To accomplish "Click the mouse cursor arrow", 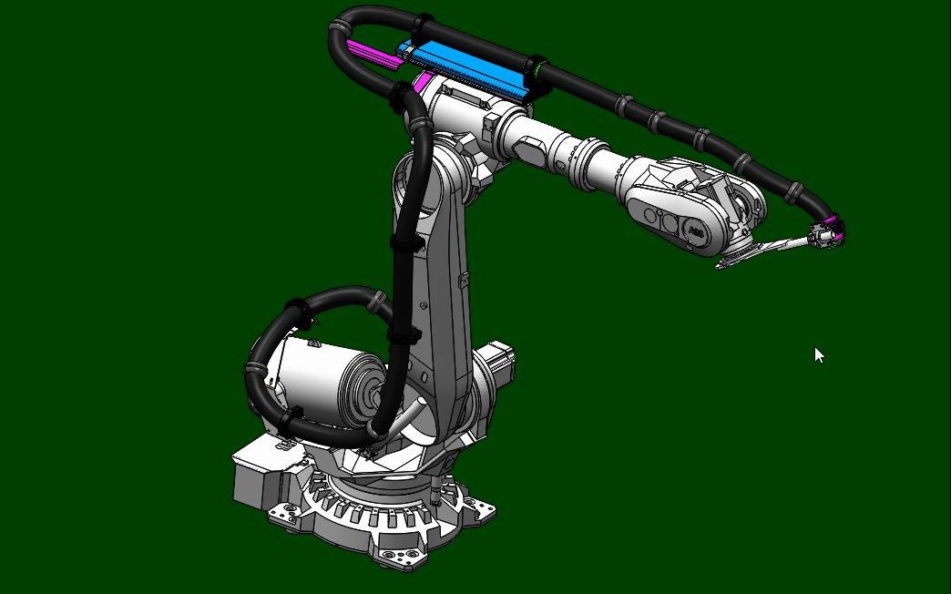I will click(818, 354).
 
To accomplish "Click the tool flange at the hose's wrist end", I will click(823, 237).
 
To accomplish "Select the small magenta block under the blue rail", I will click(422, 84).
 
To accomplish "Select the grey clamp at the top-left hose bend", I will click(338, 28).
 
